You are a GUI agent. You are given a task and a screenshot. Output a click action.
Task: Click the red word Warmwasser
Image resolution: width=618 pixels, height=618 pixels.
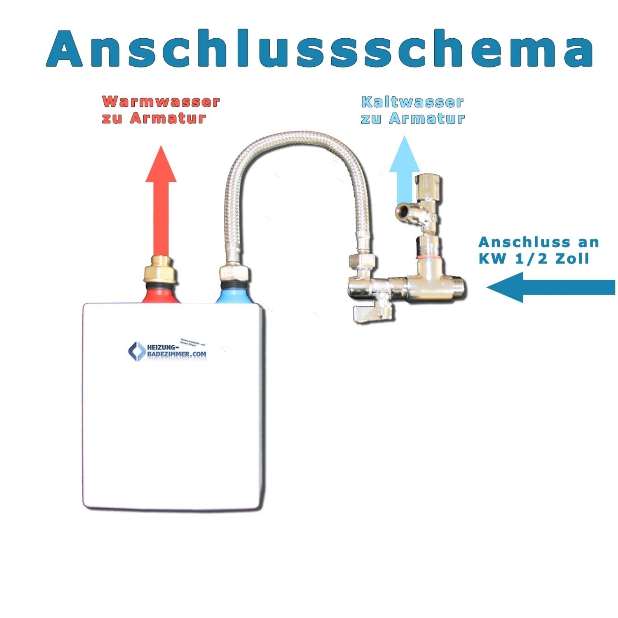click(161, 101)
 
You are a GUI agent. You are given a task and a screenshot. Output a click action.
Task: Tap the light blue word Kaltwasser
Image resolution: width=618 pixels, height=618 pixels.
click(412, 102)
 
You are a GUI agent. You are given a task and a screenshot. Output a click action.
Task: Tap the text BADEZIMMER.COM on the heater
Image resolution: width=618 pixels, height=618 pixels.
click(177, 354)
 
